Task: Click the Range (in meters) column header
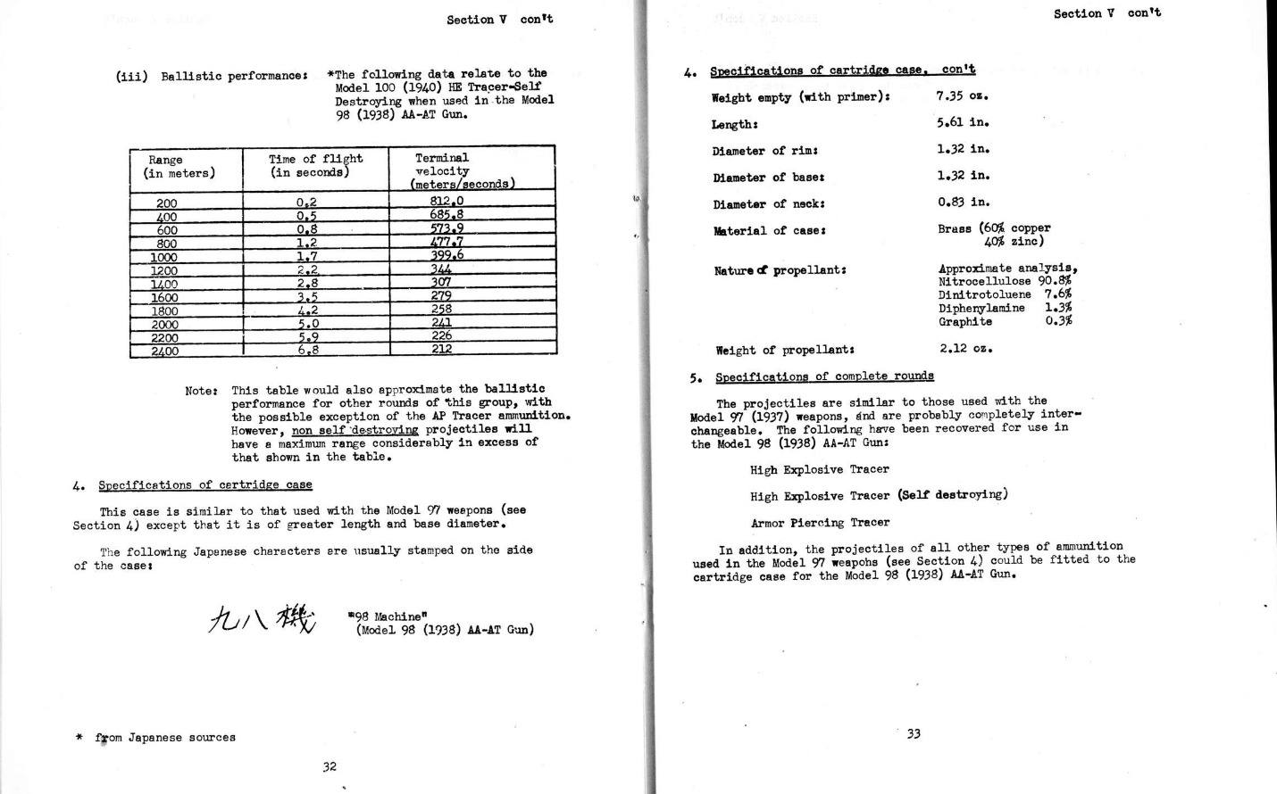179,167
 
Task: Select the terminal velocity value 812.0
447,202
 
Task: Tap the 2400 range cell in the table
164,351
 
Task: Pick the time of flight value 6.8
307,351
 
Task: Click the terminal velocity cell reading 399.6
447,255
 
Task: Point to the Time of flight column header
316,166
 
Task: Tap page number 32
330,765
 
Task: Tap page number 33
914,733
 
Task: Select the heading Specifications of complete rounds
824,376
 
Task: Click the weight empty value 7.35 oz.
962,95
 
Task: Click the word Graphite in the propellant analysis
964,321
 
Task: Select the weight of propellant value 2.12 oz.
965,348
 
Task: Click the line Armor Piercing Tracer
820,523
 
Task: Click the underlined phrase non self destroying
355,430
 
